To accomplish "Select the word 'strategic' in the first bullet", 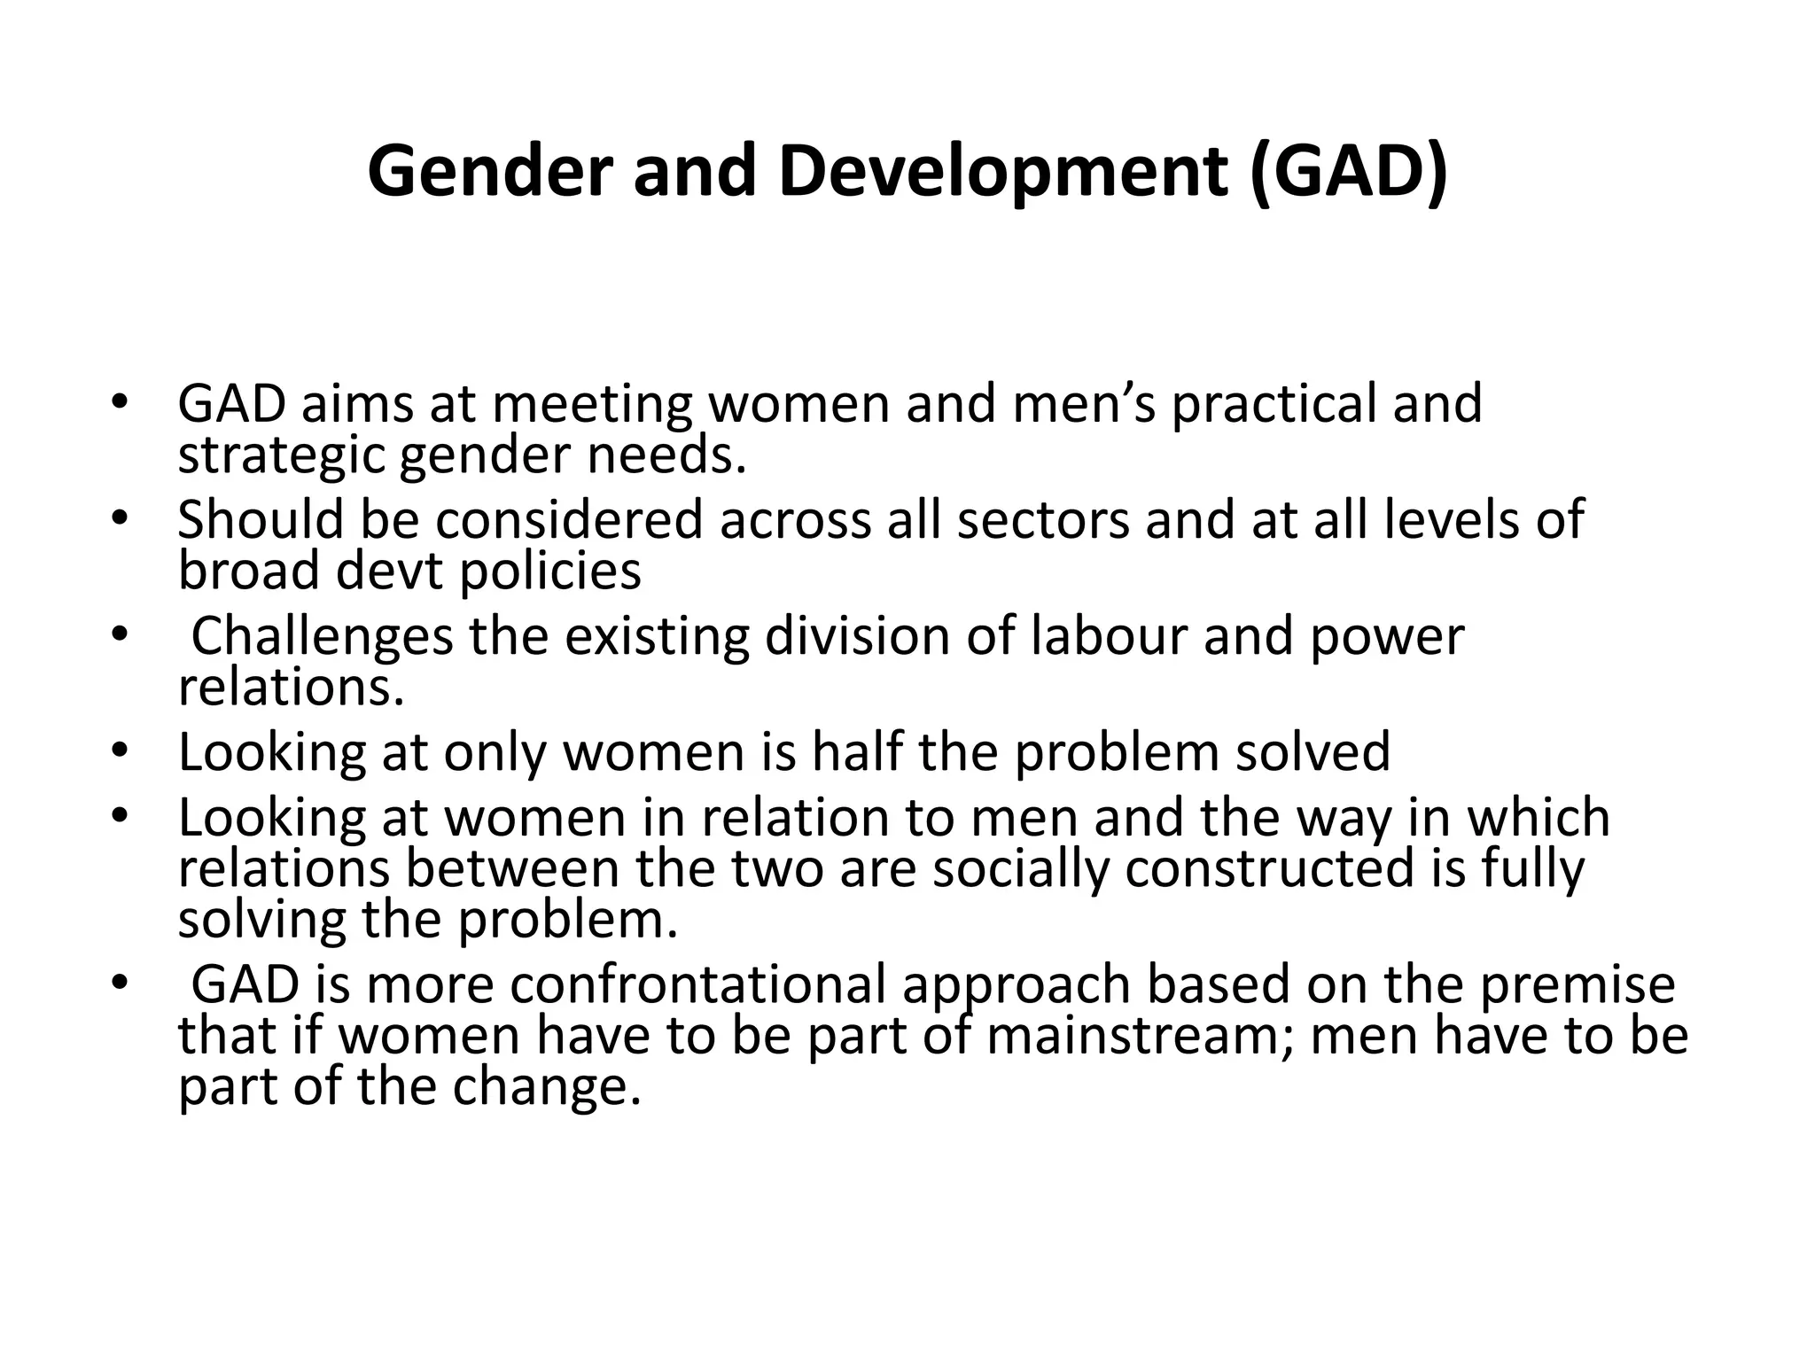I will click(x=281, y=455).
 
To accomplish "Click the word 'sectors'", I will click(x=1043, y=520).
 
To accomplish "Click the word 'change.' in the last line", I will click(x=546, y=1087).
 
